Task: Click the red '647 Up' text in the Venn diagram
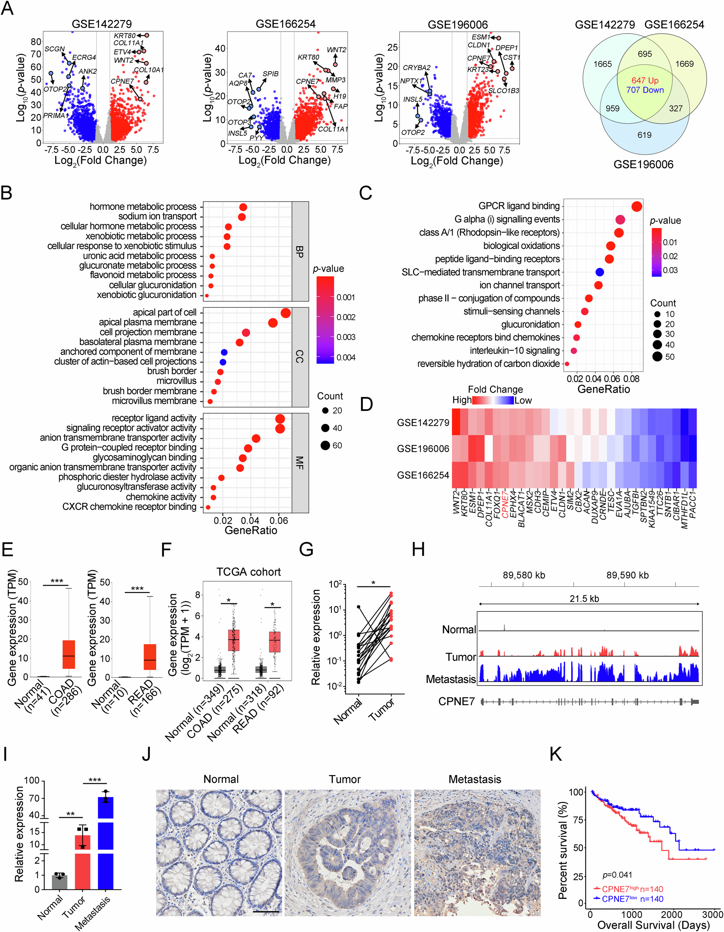645,81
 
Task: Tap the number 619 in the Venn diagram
644,135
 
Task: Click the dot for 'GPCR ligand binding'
636,207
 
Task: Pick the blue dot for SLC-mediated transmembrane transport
599,272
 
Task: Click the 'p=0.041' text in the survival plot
617,875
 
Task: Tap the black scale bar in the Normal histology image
266,911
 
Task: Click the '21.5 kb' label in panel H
584,599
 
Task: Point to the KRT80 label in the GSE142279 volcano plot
124,36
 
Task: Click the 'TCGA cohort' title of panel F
248,572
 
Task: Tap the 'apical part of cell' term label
164,312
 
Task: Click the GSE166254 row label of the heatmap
423,475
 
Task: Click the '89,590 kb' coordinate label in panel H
627,575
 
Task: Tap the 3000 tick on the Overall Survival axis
712,914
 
